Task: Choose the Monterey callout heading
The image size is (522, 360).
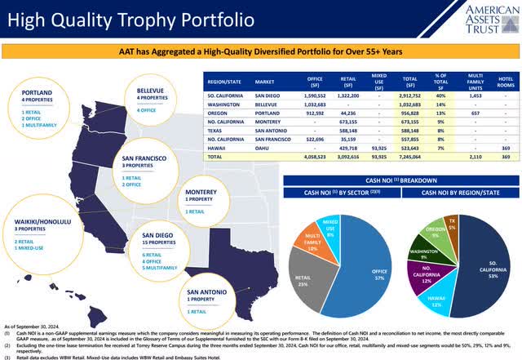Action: [200, 192]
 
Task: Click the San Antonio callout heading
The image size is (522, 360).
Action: [207, 291]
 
